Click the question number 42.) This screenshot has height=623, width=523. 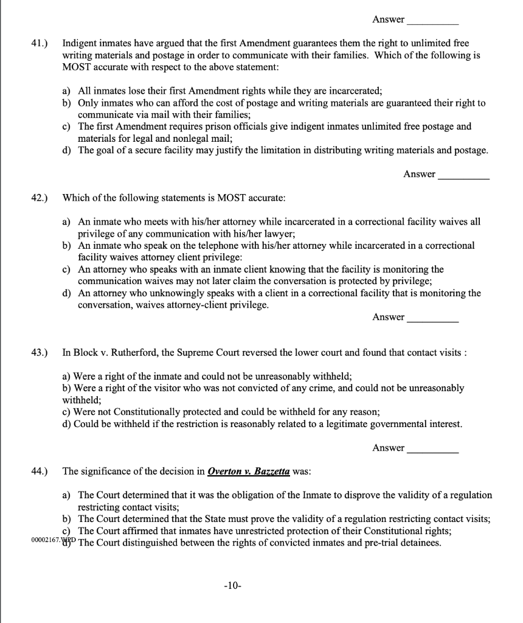[x=40, y=198]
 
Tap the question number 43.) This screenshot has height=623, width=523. [x=40, y=353]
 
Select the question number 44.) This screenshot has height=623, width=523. [x=40, y=471]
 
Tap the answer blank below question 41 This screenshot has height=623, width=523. [x=463, y=175]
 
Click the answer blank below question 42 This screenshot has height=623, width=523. [x=433, y=318]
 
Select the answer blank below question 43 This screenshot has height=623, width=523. [x=433, y=449]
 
